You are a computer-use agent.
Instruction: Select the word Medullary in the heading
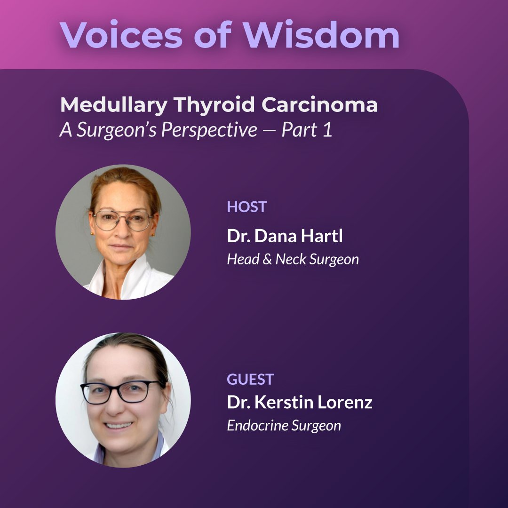tap(113, 105)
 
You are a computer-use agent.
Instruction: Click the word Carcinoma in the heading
tap(320, 105)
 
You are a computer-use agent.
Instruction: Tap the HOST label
tap(247, 207)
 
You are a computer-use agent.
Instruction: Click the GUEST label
tap(250, 379)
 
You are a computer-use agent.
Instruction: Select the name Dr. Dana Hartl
tap(285, 236)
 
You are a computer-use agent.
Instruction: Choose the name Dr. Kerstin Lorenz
tap(300, 403)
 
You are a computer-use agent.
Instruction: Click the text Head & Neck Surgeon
tap(293, 259)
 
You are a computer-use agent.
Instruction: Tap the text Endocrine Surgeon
tap(284, 426)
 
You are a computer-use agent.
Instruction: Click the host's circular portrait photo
tap(123, 232)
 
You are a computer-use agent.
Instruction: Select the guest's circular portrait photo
tap(123, 400)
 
